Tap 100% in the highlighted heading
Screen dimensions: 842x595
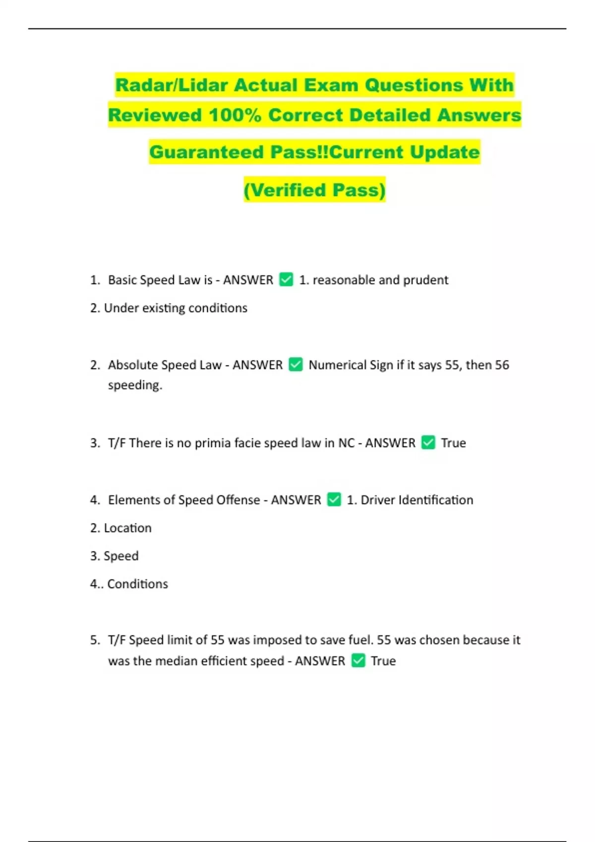(x=235, y=115)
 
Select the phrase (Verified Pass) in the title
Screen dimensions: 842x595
(x=314, y=190)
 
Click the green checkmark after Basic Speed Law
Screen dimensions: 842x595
(x=286, y=279)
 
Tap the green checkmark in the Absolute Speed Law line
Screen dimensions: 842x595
(x=296, y=365)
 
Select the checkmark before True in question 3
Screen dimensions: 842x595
(x=428, y=442)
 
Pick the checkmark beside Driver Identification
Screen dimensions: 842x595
(x=334, y=499)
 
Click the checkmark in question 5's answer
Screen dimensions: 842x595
(x=358, y=660)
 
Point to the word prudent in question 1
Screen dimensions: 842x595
(x=425, y=280)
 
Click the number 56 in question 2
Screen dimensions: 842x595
(x=502, y=365)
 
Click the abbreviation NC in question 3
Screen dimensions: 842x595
(x=346, y=443)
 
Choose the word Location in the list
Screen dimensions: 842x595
(x=127, y=528)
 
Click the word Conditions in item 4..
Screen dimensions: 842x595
(x=137, y=584)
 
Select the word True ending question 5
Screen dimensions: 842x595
(x=383, y=661)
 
